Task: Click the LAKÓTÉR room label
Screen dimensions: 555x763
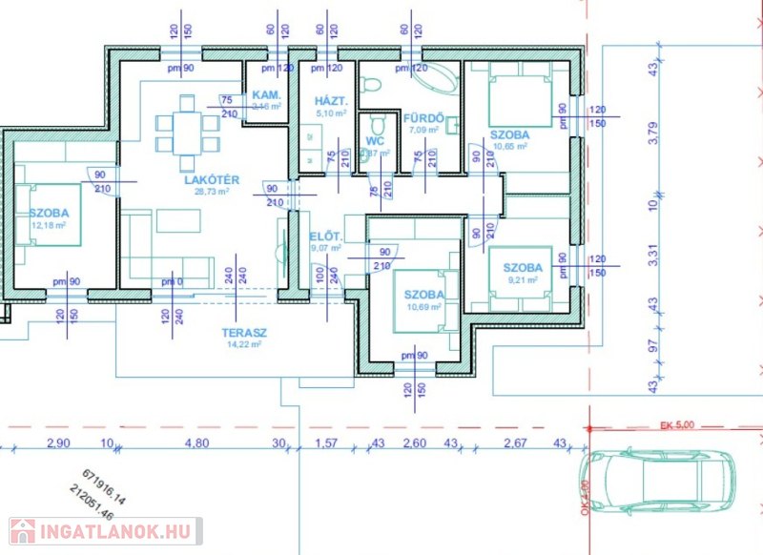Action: point(211,179)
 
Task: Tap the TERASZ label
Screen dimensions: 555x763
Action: point(244,333)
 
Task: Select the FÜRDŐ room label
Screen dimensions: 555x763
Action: point(423,117)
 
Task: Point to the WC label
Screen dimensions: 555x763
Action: point(375,141)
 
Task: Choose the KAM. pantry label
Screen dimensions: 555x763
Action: point(264,96)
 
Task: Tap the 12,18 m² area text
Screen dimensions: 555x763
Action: point(48,226)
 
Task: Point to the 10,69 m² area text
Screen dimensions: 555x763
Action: point(423,308)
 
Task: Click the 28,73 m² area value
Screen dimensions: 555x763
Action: point(211,192)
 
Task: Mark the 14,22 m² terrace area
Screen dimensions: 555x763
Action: point(244,345)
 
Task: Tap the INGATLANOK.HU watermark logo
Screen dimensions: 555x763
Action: point(105,530)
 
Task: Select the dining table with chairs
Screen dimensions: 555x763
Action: point(187,126)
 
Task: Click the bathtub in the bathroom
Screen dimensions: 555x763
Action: point(427,76)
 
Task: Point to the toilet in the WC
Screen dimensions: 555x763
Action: point(378,124)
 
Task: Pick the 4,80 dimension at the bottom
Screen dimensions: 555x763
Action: point(196,442)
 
